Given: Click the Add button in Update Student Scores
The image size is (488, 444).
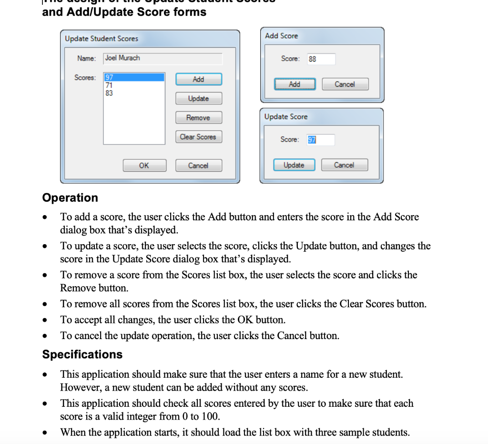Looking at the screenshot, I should pyautogui.click(x=198, y=79).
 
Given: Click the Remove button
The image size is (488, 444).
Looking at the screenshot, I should pyautogui.click(x=198, y=118).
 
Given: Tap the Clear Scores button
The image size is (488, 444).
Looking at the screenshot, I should pyautogui.click(x=198, y=137).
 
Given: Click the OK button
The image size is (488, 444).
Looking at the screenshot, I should pyautogui.click(x=144, y=165).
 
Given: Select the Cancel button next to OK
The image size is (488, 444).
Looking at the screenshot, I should pyautogui.click(x=198, y=165).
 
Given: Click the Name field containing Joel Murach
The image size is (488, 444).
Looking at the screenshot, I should pyautogui.click(x=163, y=58).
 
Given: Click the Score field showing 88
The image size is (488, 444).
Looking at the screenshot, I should pyautogui.click(x=321, y=59).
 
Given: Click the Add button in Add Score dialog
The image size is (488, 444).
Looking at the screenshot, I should pyautogui.click(x=295, y=84).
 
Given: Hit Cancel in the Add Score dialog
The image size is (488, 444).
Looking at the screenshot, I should pyautogui.click(x=345, y=84).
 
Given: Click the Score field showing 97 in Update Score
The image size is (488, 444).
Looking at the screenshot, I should pyautogui.click(x=320, y=140).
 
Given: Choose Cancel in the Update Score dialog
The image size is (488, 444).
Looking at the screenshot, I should pyautogui.click(x=344, y=165).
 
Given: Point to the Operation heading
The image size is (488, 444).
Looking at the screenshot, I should pyautogui.click(x=70, y=197).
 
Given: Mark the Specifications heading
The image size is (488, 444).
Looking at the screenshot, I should pyautogui.click(x=82, y=354).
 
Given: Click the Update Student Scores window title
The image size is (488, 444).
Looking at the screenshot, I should pyautogui.click(x=102, y=39).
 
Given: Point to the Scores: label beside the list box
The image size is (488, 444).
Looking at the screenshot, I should pyautogui.click(x=85, y=77).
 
